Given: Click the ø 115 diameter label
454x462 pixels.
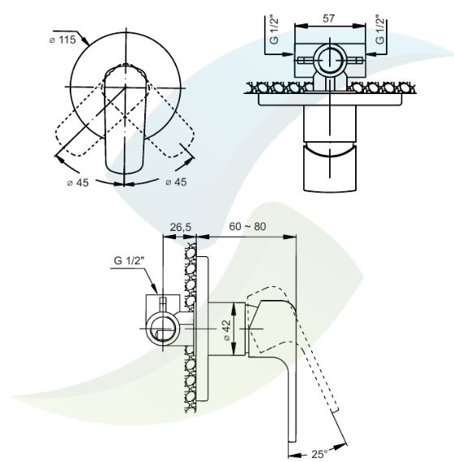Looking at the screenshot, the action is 62,40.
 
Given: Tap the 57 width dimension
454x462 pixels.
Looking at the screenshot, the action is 328,19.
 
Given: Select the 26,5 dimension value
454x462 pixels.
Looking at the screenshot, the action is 181,227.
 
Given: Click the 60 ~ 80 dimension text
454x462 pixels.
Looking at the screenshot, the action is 247,226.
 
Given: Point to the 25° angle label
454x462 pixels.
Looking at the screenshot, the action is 319,454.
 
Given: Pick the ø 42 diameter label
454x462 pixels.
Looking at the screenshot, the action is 227,329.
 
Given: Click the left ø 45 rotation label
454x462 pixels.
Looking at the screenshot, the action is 78,182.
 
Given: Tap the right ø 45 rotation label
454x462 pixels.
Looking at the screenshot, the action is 176,182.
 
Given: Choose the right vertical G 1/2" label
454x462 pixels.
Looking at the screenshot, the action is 380,29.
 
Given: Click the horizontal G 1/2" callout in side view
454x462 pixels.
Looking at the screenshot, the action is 129,260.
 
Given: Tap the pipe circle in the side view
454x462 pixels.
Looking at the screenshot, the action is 162,328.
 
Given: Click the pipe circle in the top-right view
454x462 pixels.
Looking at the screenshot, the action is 330,60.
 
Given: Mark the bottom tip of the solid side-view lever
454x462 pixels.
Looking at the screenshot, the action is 292,442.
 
